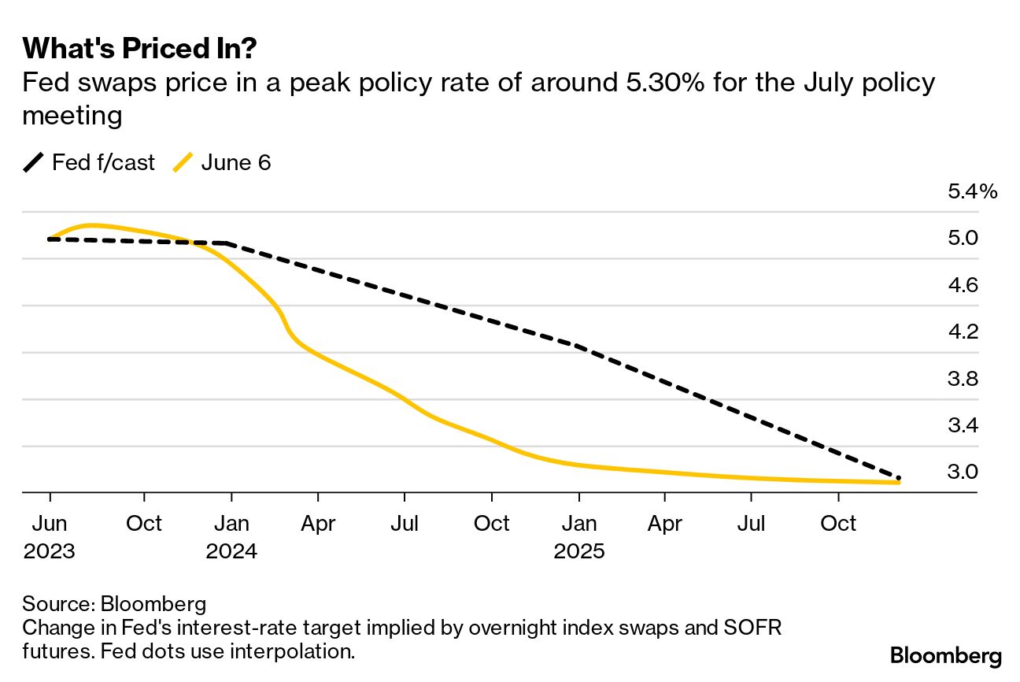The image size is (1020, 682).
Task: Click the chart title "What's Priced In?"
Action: click(x=140, y=49)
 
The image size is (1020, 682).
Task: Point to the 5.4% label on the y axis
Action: click(x=973, y=191)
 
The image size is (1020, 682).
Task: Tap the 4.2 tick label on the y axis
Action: click(x=963, y=332)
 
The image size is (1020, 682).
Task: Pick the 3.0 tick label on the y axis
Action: click(x=963, y=473)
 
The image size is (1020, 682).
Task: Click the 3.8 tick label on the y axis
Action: click(x=963, y=379)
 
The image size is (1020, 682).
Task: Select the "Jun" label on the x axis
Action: click(x=50, y=524)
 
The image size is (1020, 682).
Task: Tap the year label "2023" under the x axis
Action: click(x=50, y=550)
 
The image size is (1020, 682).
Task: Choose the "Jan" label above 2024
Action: click(x=231, y=524)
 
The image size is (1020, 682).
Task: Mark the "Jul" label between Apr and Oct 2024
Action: click(x=405, y=524)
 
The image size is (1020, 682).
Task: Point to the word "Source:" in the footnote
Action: click(x=57, y=604)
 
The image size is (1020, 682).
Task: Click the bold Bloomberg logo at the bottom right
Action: click(x=946, y=656)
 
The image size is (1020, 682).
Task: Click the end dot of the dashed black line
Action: click(x=898, y=478)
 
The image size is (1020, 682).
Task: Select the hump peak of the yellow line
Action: click(x=92, y=225)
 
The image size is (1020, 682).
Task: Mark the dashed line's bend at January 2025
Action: click(x=578, y=346)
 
